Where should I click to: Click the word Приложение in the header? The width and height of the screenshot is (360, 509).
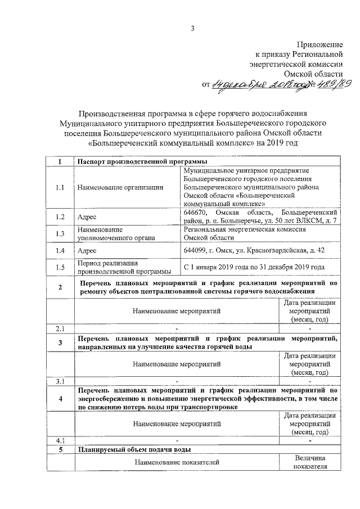pyautogui.click(x=321, y=44)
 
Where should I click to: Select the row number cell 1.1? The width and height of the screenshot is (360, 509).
pyautogui.click(x=60, y=187)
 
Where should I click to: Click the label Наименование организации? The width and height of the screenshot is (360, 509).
pyautogui.click(x=120, y=187)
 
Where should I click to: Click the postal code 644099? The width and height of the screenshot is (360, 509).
pyautogui.click(x=196, y=249)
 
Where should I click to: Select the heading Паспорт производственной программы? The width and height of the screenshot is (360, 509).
pyautogui.click(x=138, y=162)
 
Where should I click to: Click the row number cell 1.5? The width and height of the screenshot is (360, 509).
pyautogui.click(x=60, y=267)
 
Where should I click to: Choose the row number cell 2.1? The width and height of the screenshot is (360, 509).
pyautogui.click(x=60, y=328)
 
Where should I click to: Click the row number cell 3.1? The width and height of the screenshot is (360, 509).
pyautogui.click(x=60, y=382)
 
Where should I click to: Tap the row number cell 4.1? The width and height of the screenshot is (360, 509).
pyautogui.click(x=60, y=440)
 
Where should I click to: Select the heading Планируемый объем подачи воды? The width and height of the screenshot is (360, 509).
pyautogui.click(x=135, y=449)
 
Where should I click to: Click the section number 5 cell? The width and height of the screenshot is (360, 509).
pyautogui.click(x=60, y=449)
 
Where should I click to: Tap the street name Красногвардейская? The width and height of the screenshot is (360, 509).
pyautogui.click(x=271, y=249)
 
